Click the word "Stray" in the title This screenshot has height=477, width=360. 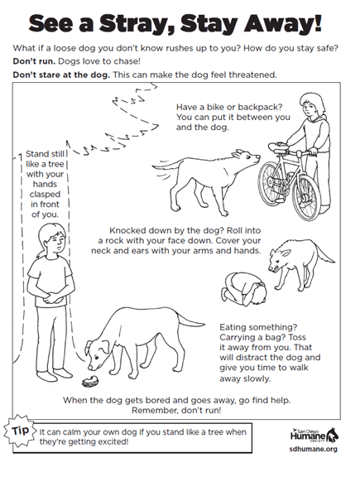point(137,23)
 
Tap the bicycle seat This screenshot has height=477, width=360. point(278,145)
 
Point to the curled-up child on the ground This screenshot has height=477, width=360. point(244,288)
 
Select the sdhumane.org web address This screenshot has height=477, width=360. point(314,449)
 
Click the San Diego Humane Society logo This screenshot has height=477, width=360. point(314,435)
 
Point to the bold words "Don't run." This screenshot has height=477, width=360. point(34,61)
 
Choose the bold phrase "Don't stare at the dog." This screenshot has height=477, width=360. point(61,75)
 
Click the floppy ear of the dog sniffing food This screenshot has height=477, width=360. point(105,346)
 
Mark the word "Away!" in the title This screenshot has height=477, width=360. point(282,23)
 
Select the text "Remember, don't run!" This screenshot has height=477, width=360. point(176,410)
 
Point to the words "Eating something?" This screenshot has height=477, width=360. point(258,327)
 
